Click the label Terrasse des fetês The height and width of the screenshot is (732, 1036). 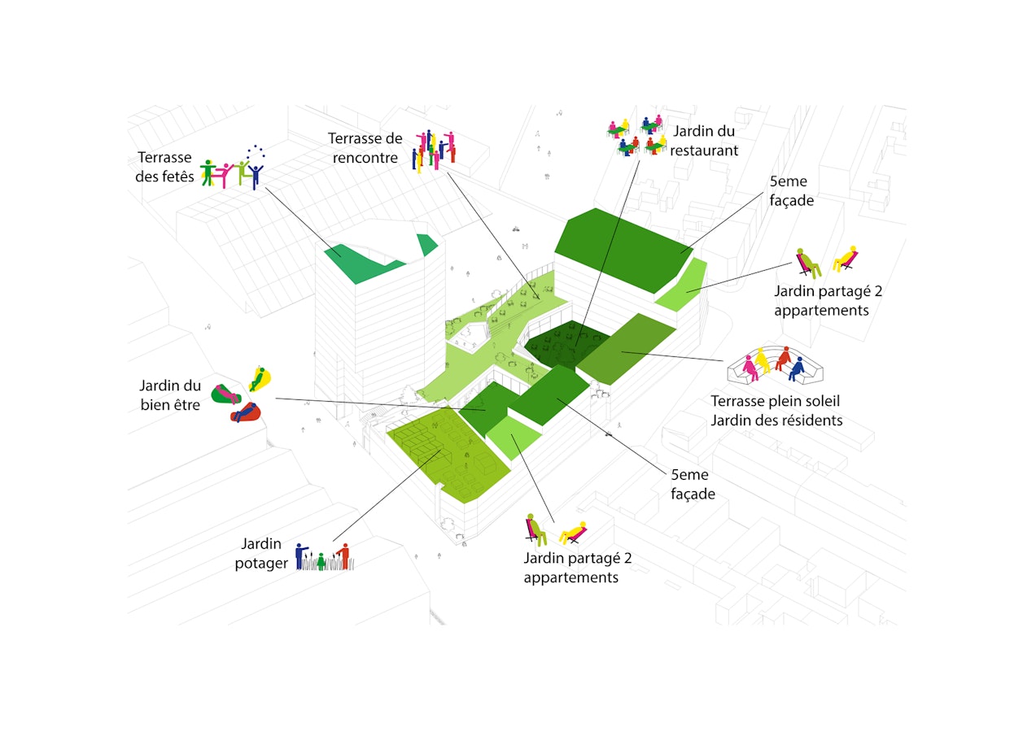click(x=164, y=167)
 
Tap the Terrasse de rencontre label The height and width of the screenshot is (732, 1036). click(x=365, y=148)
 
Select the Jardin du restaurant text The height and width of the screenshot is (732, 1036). click(x=704, y=141)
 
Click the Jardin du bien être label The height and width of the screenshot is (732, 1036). click(x=170, y=395)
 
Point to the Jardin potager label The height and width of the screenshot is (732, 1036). click(x=261, y=553)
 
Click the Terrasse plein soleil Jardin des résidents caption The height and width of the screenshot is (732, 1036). click(x=776, y=411)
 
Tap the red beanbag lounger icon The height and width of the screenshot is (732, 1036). click(x=246, y=412)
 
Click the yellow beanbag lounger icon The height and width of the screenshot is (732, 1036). click(x=260, y=378)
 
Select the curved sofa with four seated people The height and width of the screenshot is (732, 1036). click(x=775, y=365)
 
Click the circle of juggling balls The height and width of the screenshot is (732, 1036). click(x=256, y=152)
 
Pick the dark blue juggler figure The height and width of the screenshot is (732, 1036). click(x=256, y=176)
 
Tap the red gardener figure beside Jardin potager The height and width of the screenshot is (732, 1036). click(x=344, y=556)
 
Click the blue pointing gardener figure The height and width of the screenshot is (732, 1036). click(x=300, y=556)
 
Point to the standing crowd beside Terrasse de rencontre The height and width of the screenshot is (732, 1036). click(x=434, y=151)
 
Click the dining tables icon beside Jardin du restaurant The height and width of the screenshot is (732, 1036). click(x=637, y=136)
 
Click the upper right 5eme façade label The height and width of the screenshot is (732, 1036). click(x=791, y=191)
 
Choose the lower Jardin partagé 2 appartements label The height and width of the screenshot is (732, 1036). click(x=578, y=568)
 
